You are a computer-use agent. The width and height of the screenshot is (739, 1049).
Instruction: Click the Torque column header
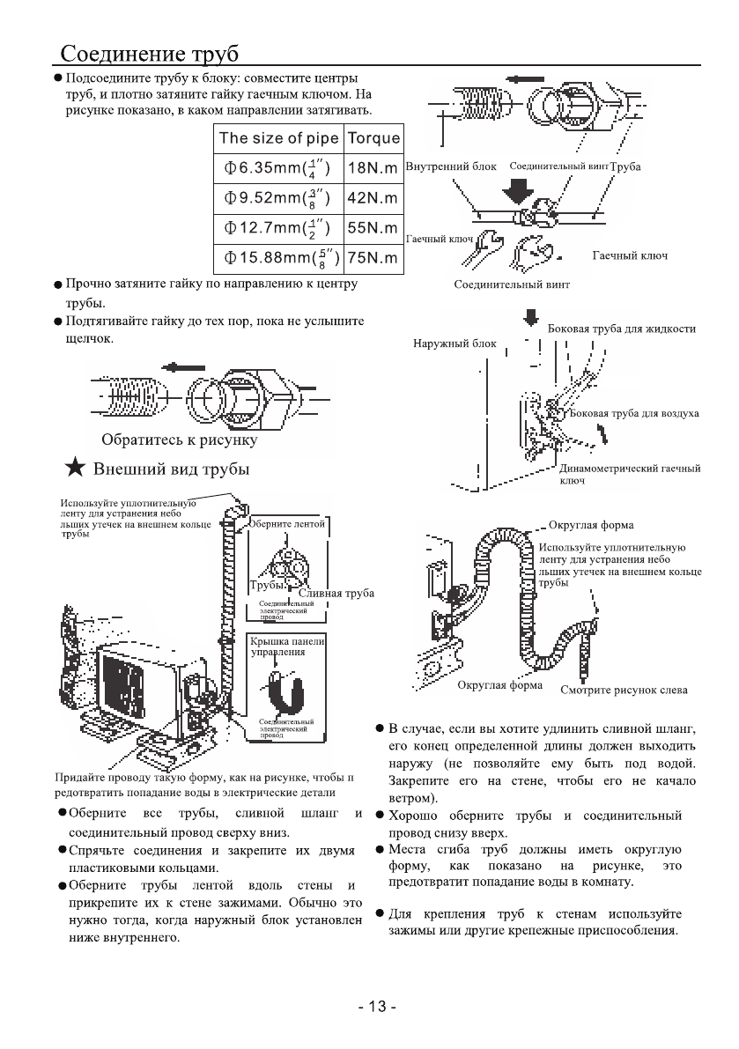[373, 137]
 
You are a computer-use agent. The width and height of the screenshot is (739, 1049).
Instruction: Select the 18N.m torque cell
[373, 167]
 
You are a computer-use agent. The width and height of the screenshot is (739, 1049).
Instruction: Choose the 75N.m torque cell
[373, 258]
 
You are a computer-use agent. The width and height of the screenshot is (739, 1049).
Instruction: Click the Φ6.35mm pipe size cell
[277, 167]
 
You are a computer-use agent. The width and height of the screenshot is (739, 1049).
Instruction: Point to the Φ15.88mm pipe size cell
[277, 258]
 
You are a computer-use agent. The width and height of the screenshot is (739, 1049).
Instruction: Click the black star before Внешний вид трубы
[76, 469]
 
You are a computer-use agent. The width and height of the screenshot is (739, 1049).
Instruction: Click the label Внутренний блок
[452, 166]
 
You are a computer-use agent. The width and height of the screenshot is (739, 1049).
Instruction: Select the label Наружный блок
[454, 344]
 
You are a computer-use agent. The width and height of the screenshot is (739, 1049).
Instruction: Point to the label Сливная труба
[336, 593]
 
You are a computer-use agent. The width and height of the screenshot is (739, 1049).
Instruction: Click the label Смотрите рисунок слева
[624, 689]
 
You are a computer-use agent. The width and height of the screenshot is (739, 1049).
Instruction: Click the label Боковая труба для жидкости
[621, 329]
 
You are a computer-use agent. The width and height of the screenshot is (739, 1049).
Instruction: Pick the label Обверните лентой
[288, 523]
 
